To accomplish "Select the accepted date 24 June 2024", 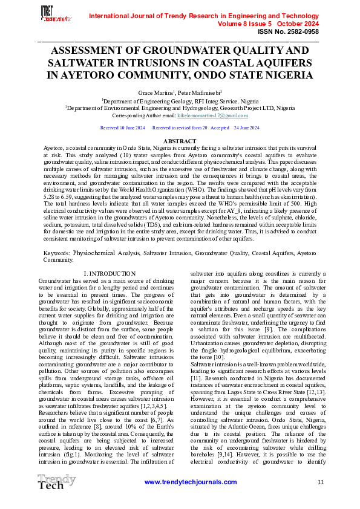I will pos(246,128).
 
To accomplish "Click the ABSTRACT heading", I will pos(180,141).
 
